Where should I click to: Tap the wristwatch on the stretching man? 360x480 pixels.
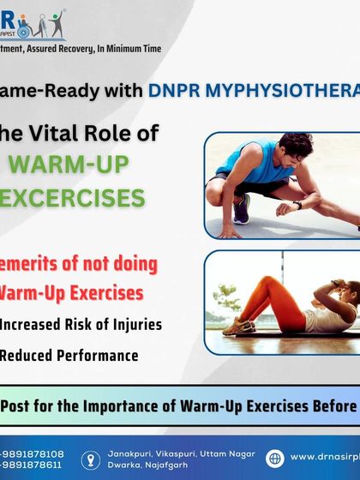pos(297,205)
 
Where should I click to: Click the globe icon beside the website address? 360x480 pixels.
pos(274,458)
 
